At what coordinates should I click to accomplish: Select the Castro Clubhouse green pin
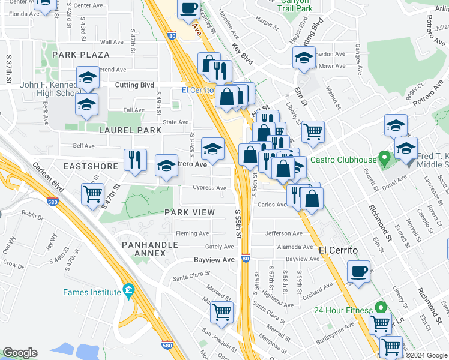[384, 160]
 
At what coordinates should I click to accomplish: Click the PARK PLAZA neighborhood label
[80, 55]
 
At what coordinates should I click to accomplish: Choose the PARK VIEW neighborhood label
[189, 212]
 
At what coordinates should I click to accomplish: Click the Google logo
[20, 352]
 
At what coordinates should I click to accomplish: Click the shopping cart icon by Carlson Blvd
[92, 194]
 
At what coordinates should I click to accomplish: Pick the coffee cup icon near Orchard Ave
[359, 271]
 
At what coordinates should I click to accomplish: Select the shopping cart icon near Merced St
[221, 312]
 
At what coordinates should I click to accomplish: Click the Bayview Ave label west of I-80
[214, 260]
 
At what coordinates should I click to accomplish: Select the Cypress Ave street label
[209, 188]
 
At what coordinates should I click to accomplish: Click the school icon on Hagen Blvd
[304, 58]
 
